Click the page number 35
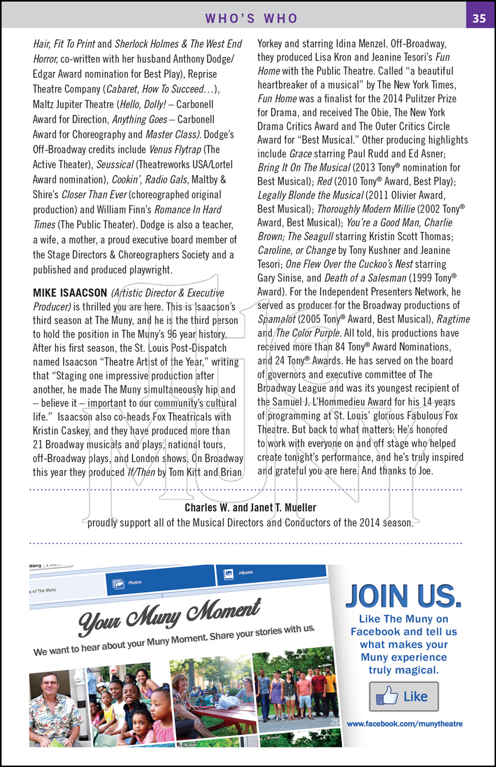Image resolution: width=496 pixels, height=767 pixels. pos(479,18)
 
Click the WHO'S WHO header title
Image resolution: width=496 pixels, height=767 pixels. pos(251,18)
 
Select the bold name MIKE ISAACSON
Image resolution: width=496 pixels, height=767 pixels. pos(70,293)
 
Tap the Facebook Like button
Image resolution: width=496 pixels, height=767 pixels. pos(404,696)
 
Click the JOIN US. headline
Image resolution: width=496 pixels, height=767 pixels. pos(404,596)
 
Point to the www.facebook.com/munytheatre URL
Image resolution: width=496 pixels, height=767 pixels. pos(405,724)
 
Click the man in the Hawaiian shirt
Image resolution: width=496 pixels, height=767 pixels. pos(54,706)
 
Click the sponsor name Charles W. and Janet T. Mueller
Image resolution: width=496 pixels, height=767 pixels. pos(250,508)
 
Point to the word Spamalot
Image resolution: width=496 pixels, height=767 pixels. pos(276,319)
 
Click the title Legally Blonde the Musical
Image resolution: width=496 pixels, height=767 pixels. pos(311,195)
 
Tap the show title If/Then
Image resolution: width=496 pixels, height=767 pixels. pos(141,472)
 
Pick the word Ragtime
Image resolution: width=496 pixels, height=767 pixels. pos(453,319)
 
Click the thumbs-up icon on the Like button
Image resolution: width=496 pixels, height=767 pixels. pos(387,696)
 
